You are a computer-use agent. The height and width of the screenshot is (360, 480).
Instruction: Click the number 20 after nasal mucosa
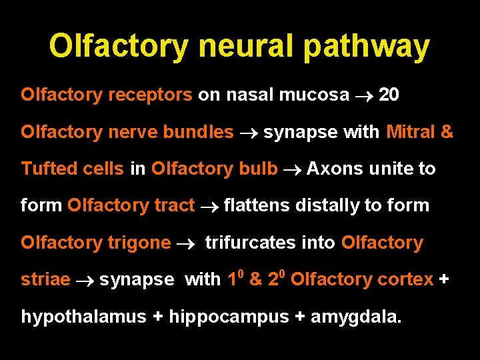pyautogui.click(x=389, y=95)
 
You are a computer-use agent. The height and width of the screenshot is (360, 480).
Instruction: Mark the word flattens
pyautogui.click(x=257, y=205)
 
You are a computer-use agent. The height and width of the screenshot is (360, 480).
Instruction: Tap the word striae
pyautogui.click(x=45, y=280)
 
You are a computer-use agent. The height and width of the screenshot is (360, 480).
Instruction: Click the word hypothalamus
pyautogui.click(x=83, y=317)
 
